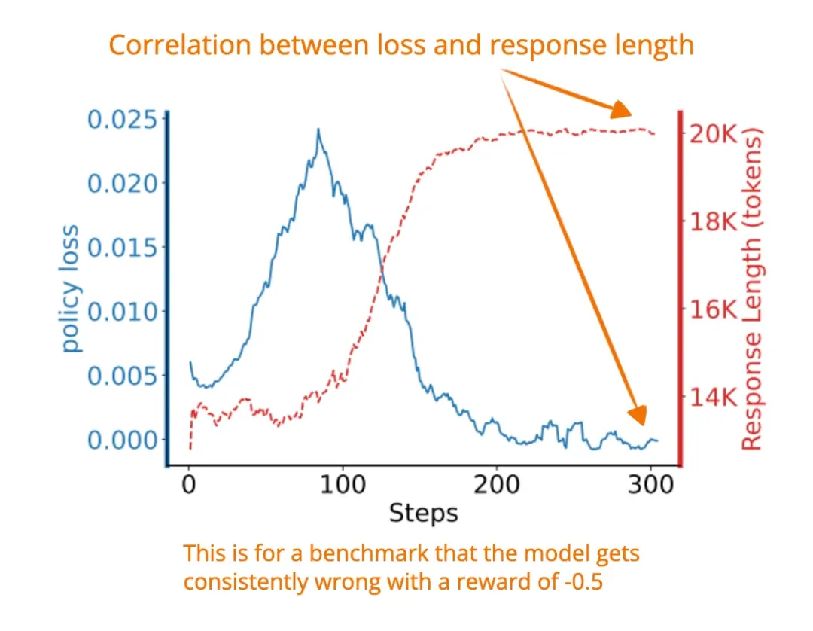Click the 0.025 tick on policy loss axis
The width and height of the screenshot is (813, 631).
click(x=124, y=120)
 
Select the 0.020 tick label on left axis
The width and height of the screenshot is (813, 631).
click(x=124, y=184)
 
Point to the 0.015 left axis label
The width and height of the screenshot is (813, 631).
click(x=124, y=248)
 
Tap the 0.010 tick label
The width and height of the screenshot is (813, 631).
click(x=124, y=312)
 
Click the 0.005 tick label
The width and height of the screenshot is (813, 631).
click(x=124, y=376)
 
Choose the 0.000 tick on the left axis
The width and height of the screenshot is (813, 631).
click(x=124, y=440)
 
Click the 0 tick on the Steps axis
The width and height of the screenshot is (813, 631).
click(x=189, y=486)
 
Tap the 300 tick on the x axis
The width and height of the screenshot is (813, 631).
click(x=650, y=486)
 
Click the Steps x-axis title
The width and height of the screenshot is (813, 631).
click(x=423, y=514)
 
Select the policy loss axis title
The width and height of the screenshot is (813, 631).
click(x=71, y=289)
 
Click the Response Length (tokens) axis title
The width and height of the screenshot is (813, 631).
click(x=752, y=289)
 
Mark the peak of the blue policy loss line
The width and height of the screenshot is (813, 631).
click(x=318, y=130)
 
